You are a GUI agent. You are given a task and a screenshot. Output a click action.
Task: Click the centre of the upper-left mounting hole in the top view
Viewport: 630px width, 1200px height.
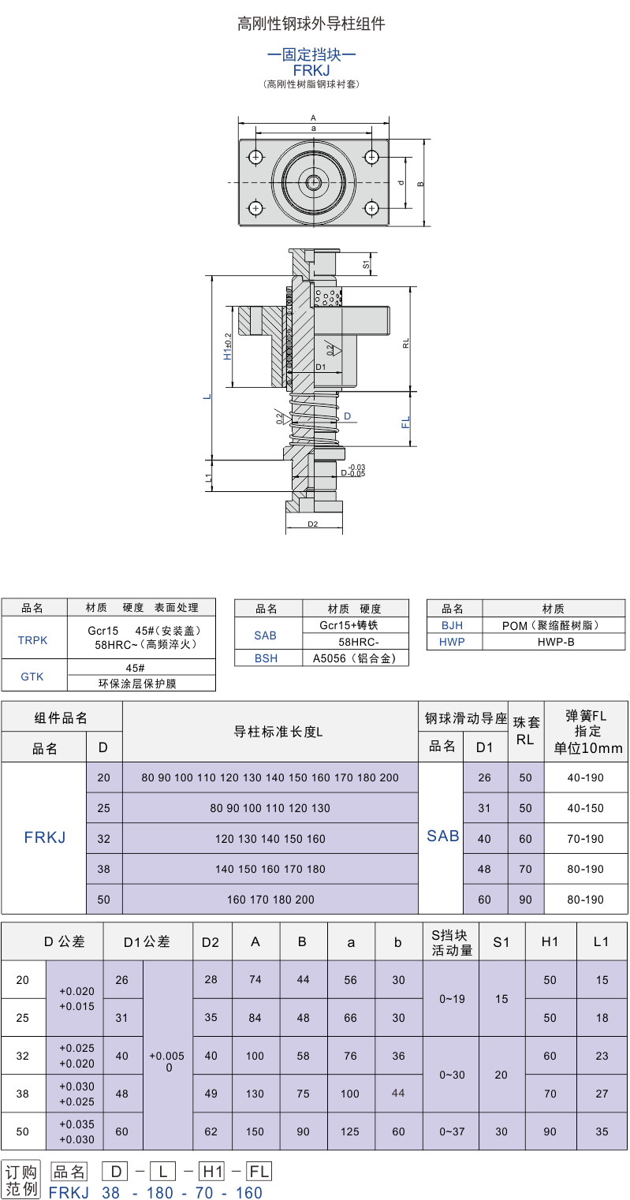[x=256, y=157]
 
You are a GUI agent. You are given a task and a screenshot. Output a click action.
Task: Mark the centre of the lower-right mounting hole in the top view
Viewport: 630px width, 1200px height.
[x=371, y=208]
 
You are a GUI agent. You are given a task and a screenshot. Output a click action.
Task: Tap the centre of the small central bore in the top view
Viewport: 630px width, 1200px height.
[x=313, y=183]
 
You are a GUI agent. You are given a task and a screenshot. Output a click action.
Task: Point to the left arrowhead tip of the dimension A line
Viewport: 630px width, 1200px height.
[x=238, y=123]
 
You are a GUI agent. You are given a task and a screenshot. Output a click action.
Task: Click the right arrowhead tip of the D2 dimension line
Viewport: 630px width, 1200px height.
[x=342, y=529]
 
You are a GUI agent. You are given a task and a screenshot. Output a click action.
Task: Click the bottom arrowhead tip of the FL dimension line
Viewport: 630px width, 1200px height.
[x=411, y=445]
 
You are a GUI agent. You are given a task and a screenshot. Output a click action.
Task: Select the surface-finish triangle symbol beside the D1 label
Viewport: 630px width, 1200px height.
[x=335, y=348]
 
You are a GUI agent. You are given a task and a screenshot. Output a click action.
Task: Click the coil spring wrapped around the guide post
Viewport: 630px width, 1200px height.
[x=314, y=419]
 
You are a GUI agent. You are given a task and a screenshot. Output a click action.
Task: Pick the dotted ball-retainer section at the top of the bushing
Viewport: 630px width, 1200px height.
[x=328, y=298]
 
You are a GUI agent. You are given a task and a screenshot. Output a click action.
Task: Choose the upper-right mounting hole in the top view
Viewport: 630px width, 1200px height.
[x=371, y=157]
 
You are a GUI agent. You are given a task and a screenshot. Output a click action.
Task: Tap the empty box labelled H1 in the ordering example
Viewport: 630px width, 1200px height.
[x=213, y=1171]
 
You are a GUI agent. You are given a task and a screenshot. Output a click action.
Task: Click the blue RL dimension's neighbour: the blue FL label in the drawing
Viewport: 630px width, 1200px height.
[x=405, y=422]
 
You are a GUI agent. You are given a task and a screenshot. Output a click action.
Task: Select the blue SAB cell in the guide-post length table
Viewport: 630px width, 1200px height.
[x=442, y=836]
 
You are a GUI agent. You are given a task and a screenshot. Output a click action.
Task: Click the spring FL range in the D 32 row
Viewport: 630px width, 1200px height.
[x=586, y=838]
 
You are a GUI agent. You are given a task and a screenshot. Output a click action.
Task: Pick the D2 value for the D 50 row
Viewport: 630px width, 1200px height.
[x=211, y=1131]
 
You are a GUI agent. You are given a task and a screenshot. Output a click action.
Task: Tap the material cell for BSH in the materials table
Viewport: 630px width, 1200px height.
[x=355, y=658]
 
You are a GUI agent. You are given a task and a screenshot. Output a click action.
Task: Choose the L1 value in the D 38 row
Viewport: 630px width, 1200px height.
[x=602, y=1094]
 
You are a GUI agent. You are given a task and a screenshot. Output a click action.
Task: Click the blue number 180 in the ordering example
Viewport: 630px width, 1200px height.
[x=159, y=1192]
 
